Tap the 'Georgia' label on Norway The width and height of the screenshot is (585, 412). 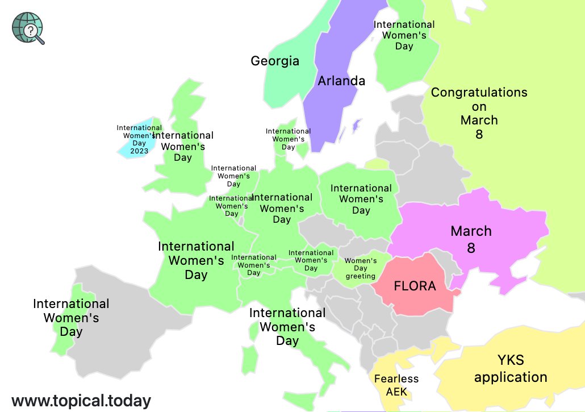click(275, 61)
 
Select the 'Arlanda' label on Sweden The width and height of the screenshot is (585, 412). click(341, 81)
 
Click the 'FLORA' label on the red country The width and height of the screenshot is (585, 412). click(415, 286)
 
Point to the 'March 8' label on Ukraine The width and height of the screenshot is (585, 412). click(471, 239)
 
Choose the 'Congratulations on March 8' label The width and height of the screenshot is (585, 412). click(479, 113)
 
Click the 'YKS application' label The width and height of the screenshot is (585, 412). click(511, 369)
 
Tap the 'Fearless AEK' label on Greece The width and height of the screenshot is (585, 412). click(396, 385)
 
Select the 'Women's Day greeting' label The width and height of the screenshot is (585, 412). click(361, 268)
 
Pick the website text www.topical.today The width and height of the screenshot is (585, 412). click(81, 401)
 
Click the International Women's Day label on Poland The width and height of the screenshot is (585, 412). click(361, 199)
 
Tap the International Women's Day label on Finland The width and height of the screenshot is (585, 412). click(404, 35)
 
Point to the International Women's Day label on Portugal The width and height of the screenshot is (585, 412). click(71, 318)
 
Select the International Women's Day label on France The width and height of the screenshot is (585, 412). click(196, 261)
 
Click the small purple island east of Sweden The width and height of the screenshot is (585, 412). click(356, 125)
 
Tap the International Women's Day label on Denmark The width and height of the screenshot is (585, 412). click(288, 139)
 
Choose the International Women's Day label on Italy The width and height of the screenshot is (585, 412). click(287, 327)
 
